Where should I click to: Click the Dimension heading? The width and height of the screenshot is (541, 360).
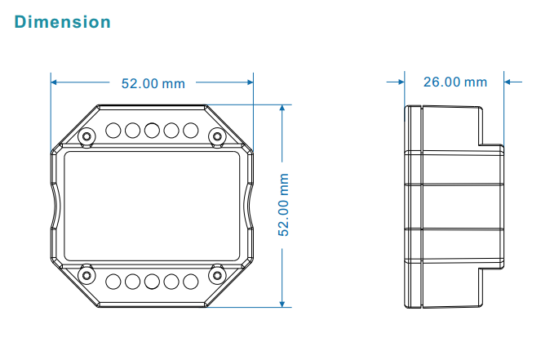tap(63, 22)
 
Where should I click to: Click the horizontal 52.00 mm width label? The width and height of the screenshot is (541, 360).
tap(153, 83)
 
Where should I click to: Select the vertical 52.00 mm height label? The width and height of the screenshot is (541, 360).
tap(283, 205)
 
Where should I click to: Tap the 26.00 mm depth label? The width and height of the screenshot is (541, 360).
tap(455, 82)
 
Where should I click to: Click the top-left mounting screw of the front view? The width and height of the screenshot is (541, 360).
tap(86, 136)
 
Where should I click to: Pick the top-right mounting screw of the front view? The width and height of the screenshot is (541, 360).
tap(217, 136)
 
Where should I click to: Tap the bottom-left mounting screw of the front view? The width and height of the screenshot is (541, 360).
tap(86, 275)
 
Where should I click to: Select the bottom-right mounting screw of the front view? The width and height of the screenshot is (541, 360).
tap(217, 275)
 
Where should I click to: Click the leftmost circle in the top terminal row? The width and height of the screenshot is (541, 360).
tap(113, 131)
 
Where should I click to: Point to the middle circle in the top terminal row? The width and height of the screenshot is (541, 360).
tap(152, 131)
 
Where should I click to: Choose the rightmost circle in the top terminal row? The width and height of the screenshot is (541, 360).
tap(190, 131)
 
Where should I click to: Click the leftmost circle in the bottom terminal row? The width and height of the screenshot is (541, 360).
tap(113, 282)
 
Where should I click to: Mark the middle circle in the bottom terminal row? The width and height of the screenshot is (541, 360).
tap(152, 282)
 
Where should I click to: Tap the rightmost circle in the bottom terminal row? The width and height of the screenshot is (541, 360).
tap(190, 282)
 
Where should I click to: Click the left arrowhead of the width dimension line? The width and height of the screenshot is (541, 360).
tap(54, 82)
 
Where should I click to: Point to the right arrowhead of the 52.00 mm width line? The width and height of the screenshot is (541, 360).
tap(251, 82)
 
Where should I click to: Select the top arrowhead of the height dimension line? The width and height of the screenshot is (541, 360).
tap(282, 108)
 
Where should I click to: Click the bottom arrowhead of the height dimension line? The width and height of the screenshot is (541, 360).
tap(282, 304)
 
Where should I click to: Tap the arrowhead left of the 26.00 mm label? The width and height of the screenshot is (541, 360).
tap(401, 82)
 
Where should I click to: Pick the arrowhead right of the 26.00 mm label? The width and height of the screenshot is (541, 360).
tap(508, 82)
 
